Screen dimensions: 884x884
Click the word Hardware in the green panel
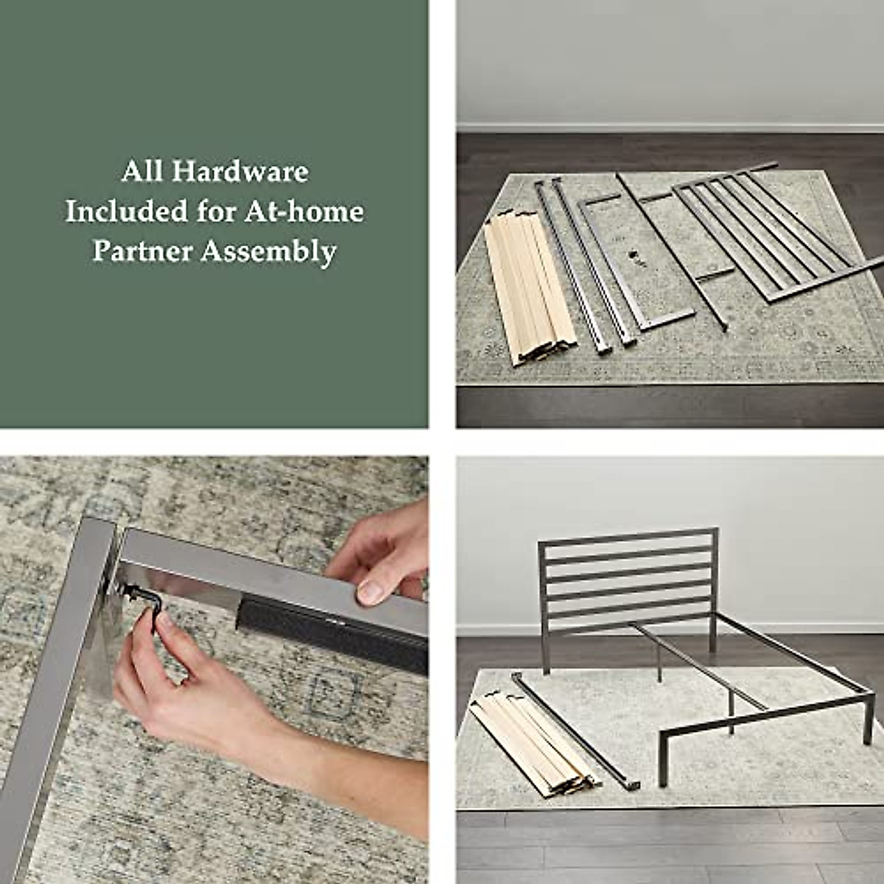pyautogui.click(x=240, y=172)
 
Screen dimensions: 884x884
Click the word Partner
pyautogui.click(x=141, y=251)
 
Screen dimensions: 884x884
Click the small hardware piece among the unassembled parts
pyautogui.click(x=632, y=258)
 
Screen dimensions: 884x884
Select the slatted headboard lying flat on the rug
pyautogui.click(x=773, y=236)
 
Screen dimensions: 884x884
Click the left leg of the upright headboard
pyautogui.click(x=544, y=626)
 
